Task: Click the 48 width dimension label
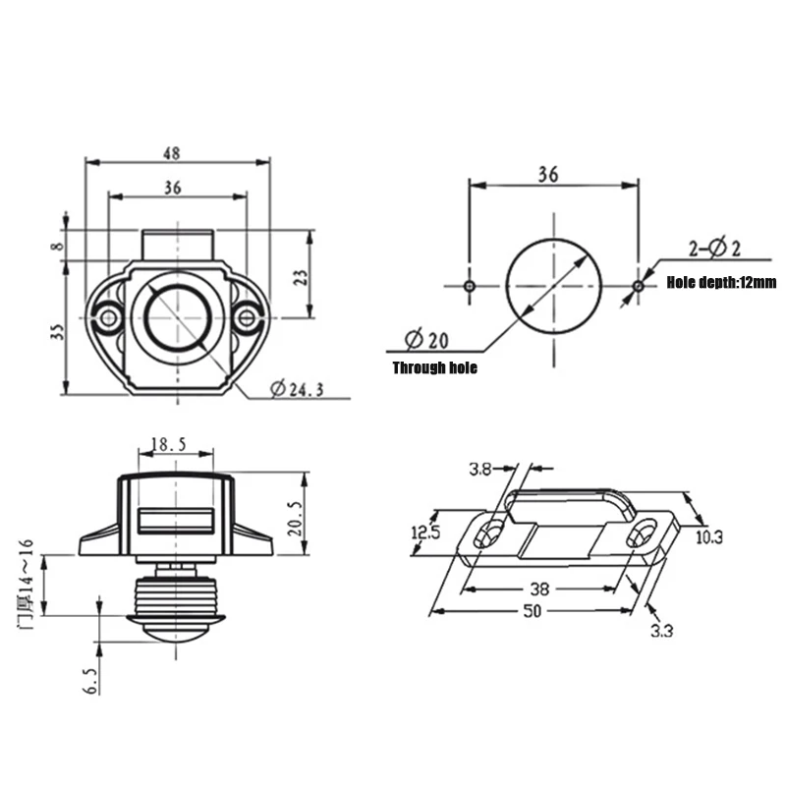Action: pos(171,153)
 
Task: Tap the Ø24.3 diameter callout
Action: pos(298,389)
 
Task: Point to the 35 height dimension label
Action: pos(58,332)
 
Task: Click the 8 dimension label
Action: pos(58,247)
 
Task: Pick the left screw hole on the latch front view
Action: pos(108,317)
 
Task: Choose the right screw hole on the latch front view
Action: pos(247,317)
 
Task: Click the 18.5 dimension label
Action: pos(168,444)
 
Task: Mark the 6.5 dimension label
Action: pos(91,681)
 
